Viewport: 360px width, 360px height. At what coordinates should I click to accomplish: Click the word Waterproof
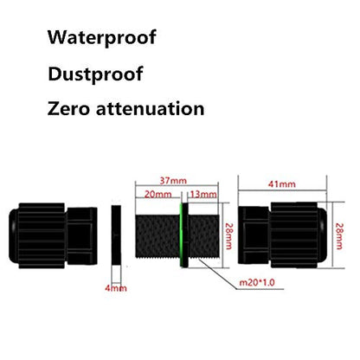pyautogui.click(x=102, y=37)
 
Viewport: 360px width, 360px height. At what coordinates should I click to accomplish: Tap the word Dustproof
pyautogui.click(x=95, y=74)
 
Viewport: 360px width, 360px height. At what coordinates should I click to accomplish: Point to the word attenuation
pyautogui.click(x=150, y=109)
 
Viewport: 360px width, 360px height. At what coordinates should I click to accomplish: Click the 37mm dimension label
pyautogui.click(x=173, y=181)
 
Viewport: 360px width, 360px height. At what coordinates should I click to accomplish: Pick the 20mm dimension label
pyautogui.click(x=157, y=194)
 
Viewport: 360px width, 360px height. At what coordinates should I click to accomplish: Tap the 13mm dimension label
pyautogui.click(x=203, y=194)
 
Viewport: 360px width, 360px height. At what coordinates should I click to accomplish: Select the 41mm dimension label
pyautogui.click(x=282, y=184)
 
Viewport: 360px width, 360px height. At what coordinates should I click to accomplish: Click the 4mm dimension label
pyautogui.click(x=116, y=288)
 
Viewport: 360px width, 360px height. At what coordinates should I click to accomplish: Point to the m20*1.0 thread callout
pyautogui.click(x=257, y=282)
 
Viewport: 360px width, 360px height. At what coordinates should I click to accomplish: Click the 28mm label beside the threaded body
pyautogui.click(x=228, y=236)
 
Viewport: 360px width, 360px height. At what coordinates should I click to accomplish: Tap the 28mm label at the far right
pyautogui.click(x=339, y=236)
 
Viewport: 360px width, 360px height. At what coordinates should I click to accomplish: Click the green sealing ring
pyautogui.click(x=182, y=235)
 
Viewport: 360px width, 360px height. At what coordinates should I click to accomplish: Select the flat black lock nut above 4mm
pyautogui.click(x=116, y=235)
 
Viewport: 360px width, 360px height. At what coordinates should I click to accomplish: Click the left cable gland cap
pyautogui.click(x=53, y=235)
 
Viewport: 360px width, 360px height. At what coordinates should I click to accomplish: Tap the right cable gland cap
pyautogui.click(x=283, y=235)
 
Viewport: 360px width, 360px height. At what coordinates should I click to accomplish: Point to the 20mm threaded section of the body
pyautogui.click(x=157, y=235)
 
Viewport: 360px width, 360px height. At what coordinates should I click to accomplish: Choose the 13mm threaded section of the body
pyautogui.click(x=203, y=235)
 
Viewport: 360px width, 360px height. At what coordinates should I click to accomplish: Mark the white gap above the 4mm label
pyautogui.click(x=116, y=274)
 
